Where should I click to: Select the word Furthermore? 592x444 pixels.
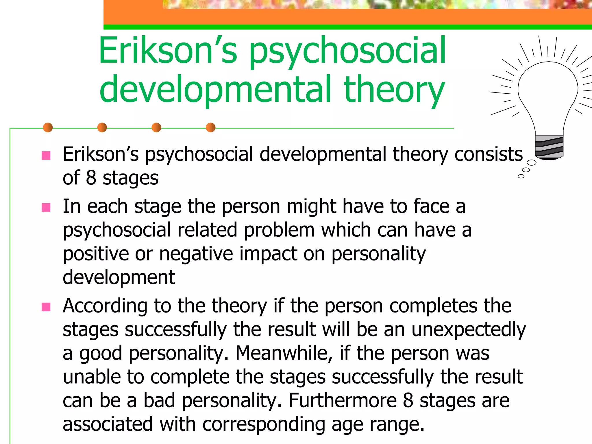pos(343,401)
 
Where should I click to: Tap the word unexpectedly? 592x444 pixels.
pos(469,330)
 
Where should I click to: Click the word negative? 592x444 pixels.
pos(196,254)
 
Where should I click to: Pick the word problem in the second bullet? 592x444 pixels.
pos(279,230)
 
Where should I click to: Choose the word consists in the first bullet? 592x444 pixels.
pos(489,154)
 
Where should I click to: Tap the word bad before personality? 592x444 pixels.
pos(159,401)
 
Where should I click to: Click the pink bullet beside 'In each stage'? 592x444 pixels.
pos(46,208)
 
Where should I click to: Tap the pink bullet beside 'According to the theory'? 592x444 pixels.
pos(46,307)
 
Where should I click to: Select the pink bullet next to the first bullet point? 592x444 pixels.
pos(46,156)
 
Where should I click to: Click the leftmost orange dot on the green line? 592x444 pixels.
pos(48,127)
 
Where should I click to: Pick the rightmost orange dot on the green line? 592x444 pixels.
pos(211,127)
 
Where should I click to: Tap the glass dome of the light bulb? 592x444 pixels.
pos(548,90)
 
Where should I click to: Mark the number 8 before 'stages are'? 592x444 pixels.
pos(408,401)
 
